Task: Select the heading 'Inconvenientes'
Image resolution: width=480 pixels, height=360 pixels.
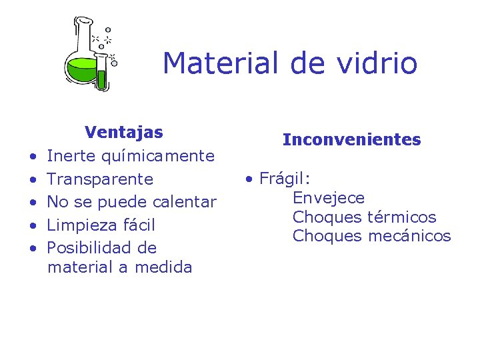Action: pos(351,140)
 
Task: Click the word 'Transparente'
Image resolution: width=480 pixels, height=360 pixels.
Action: pos(100,179)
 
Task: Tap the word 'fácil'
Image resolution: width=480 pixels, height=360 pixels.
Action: pos(139,225)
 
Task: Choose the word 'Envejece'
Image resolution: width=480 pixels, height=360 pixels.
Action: pos(329,198)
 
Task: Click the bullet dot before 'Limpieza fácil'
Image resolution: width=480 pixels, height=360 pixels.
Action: pos(33,225)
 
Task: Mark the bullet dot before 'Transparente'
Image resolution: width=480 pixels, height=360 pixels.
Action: pos(33,180)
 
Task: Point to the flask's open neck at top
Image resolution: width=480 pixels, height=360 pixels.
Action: pos(83,23)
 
